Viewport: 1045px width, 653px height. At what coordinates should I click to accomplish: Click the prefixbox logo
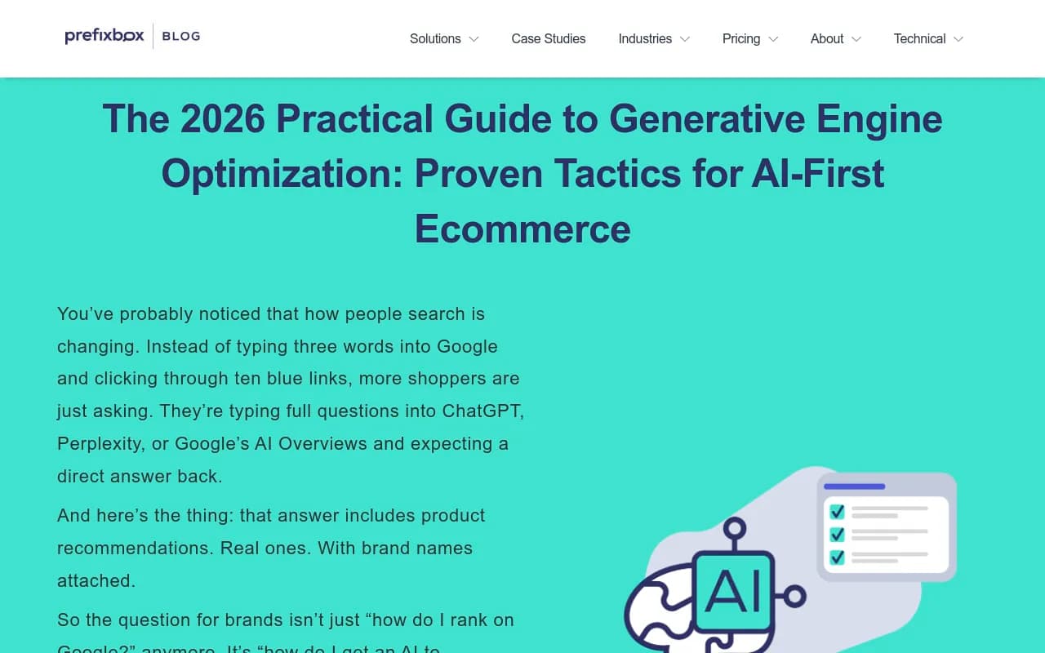coord(104,36)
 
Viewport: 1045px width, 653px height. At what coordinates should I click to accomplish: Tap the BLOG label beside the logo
coord(181,36)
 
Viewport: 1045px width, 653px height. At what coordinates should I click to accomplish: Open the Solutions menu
coord(435,38)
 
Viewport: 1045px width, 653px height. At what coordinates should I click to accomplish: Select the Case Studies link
coord(549,38)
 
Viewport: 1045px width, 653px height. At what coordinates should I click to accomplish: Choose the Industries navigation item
coord(645,38)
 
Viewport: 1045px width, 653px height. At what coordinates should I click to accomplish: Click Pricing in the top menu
coord(741,38)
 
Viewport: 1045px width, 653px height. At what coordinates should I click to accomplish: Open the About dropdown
coord(827,38)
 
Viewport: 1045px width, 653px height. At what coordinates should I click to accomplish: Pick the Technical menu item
coord(919,38)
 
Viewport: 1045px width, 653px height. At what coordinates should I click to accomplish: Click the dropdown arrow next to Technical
coord(958,39)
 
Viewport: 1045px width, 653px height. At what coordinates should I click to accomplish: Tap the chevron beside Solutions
coord(474,39)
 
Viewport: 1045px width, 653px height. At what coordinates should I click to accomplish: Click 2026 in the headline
coord(223,119)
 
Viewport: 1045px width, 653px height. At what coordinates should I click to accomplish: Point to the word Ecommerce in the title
coord(522,229)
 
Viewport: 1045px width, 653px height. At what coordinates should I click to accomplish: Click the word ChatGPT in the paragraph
coord(482,411)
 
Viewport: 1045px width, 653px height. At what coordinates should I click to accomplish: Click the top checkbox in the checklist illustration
coord(837,512)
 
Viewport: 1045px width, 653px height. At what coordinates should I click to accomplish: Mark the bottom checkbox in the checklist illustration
coord(837,557)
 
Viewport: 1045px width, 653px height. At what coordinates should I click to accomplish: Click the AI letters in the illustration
coord(733,592)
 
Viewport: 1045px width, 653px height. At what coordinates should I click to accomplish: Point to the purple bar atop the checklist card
coord(855,486)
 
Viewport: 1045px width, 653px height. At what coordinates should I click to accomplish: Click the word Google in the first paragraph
coord(467,346)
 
